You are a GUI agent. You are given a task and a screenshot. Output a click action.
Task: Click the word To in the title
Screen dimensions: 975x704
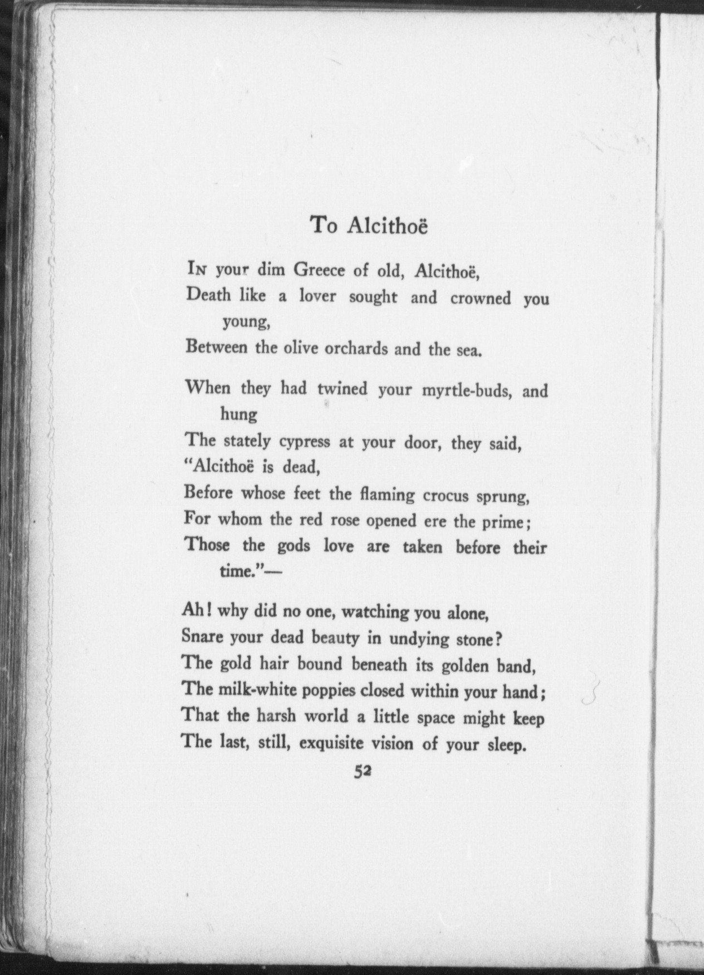(323, 225)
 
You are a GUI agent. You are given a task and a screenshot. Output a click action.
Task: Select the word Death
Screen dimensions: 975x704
(208, 295)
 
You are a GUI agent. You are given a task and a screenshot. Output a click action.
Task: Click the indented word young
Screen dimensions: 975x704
(246, 322)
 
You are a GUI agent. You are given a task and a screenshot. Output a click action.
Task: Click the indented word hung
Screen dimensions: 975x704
(238, 415)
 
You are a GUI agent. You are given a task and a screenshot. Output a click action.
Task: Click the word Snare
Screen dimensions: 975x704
(202, 637)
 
